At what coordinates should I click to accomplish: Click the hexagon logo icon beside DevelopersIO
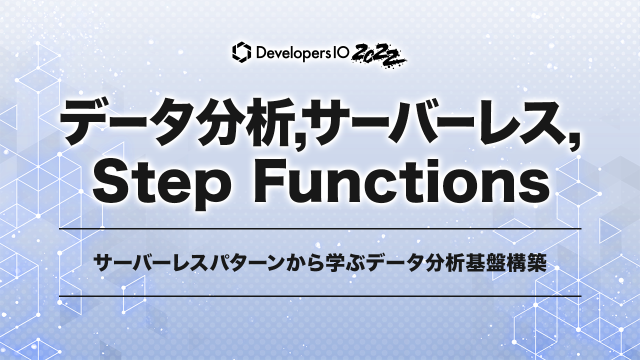pos(242,52)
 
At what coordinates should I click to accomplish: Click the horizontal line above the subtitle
pos(320,228)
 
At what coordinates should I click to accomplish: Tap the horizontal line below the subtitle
pos(320,296)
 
